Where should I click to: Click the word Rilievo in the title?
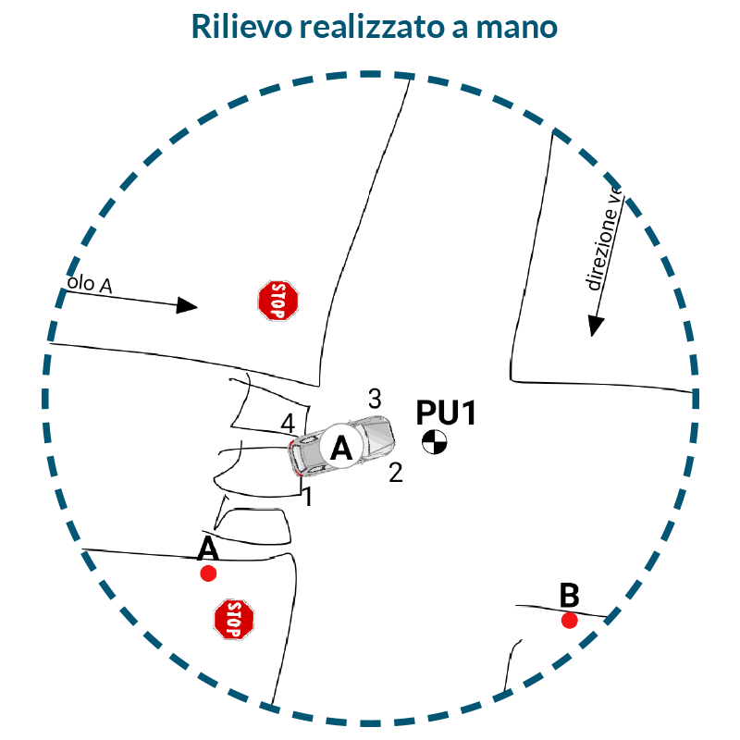(239, 26)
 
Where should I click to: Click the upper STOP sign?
(278, 301)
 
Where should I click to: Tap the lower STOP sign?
(234, 619)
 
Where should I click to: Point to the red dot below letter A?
(208, 573)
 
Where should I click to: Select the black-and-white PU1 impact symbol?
(433, 443)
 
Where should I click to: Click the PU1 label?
(446, 413)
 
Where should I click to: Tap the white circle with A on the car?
(341, 449)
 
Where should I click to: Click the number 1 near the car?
(308, 497)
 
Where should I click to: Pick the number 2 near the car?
(396, 474)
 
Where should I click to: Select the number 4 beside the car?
(288, 424)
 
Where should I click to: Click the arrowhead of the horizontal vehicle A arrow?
(188, 306)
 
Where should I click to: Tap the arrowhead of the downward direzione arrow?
(596, 326)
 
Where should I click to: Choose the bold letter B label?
(570, 594)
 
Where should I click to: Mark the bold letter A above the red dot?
(208, 549)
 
